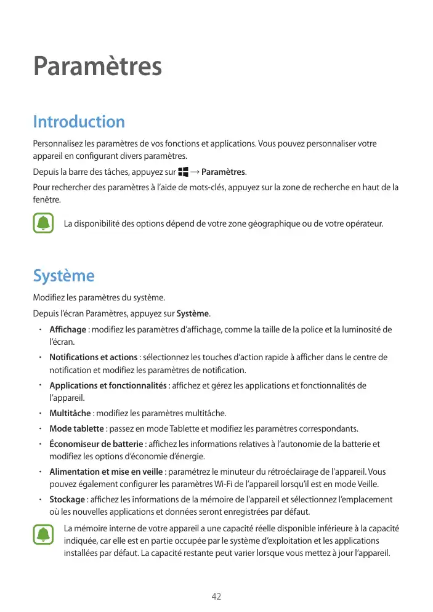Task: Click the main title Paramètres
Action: [97, 66]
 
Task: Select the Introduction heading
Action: [78, 121]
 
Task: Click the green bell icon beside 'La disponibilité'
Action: [44, 223]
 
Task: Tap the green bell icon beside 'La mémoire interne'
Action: [44, 534]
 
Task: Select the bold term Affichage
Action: [68, 329]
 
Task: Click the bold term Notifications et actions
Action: [93, 358]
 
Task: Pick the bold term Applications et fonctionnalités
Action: [108, 386]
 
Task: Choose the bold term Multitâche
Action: [70, 413]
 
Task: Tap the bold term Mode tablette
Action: [77, 429]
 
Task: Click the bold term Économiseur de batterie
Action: [97, 444]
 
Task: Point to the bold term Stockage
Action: [67, 499]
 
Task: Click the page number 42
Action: [216, 597]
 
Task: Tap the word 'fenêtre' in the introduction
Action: [47, 200]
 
